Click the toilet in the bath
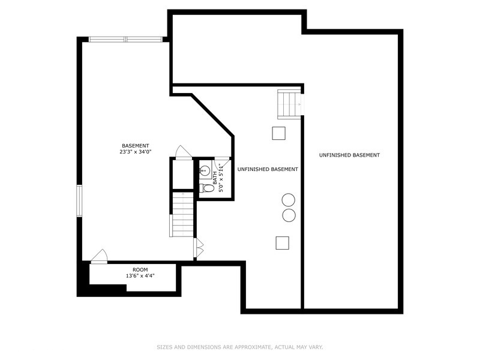[208, 188]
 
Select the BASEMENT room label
[135, 146]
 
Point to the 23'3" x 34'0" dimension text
[135, 152]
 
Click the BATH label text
[215, 177]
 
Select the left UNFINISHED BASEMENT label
[268, 170]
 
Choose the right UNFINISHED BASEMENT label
[349, 155]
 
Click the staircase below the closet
[182, 214]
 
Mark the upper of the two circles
[289, 200]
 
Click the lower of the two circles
[289, 215]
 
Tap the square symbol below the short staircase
[278, 133]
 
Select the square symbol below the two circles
[282, 242]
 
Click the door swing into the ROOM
[99, 256]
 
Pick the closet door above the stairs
[184, 152]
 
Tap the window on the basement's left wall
[79, 200]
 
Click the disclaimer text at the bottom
[240, 347]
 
